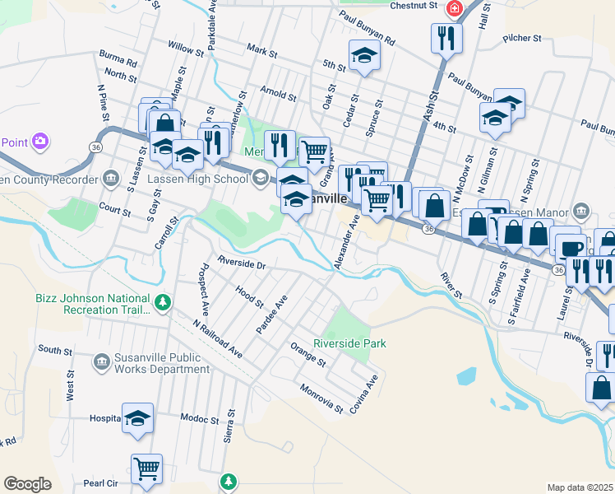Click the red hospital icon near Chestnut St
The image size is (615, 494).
(x=452, y=8)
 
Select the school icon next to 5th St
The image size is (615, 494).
(x=364, y=55)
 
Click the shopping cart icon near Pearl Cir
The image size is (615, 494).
(x=146, y=469)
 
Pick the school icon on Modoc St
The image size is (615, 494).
(x=138, y=418)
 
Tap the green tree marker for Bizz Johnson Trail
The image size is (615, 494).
(x=164, y=303)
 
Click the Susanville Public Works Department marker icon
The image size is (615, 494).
(x=101, y=360)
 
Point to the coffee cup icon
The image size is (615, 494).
(x=571, y=248)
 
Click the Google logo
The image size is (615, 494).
(x=28, y=483)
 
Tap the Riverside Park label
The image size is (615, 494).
(x=349, y=343)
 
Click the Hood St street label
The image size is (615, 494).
(x=248, y=297)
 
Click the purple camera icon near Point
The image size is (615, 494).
(x=39, y=142)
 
